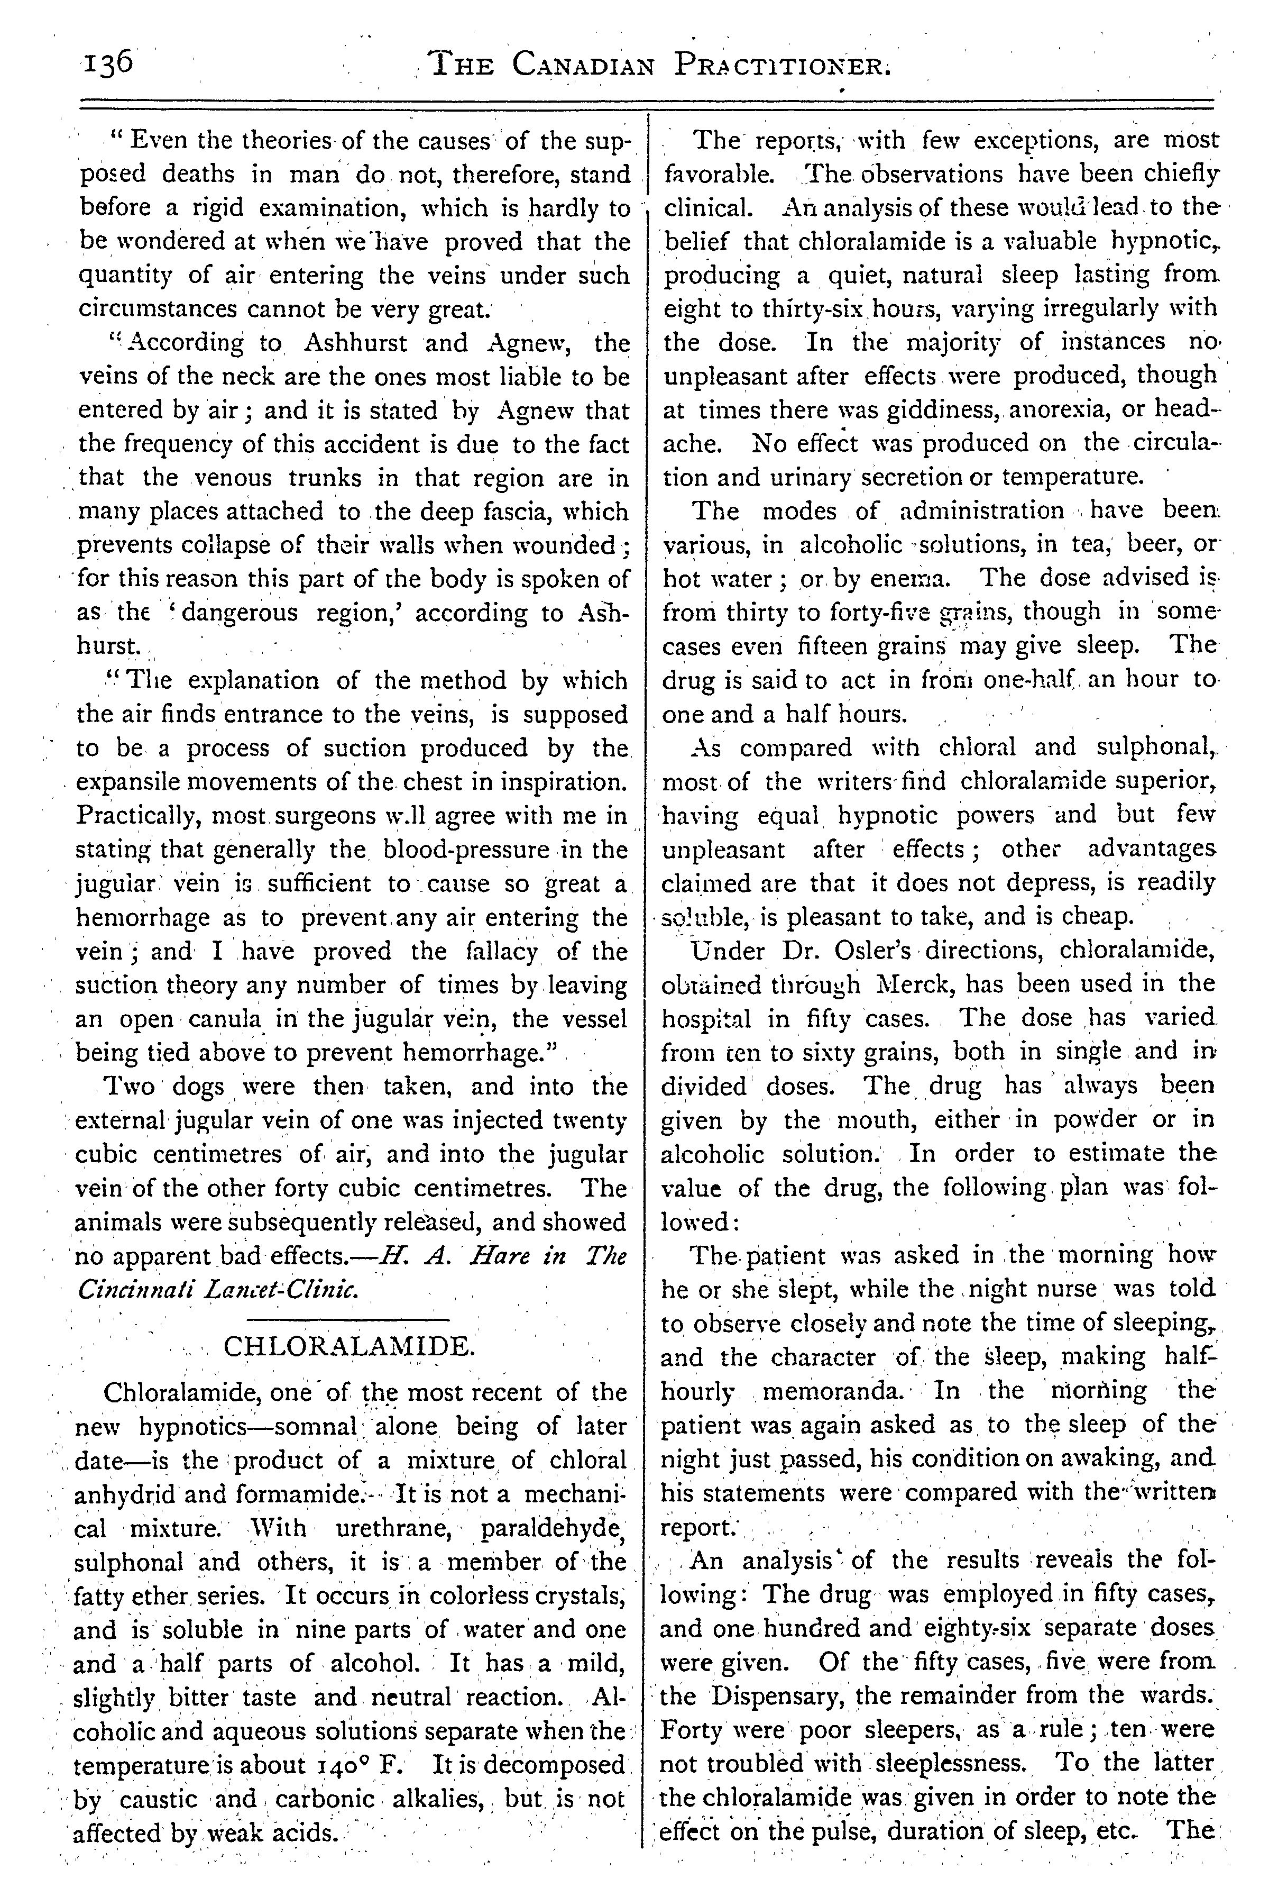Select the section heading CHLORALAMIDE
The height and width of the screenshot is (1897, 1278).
(348, 1346)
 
